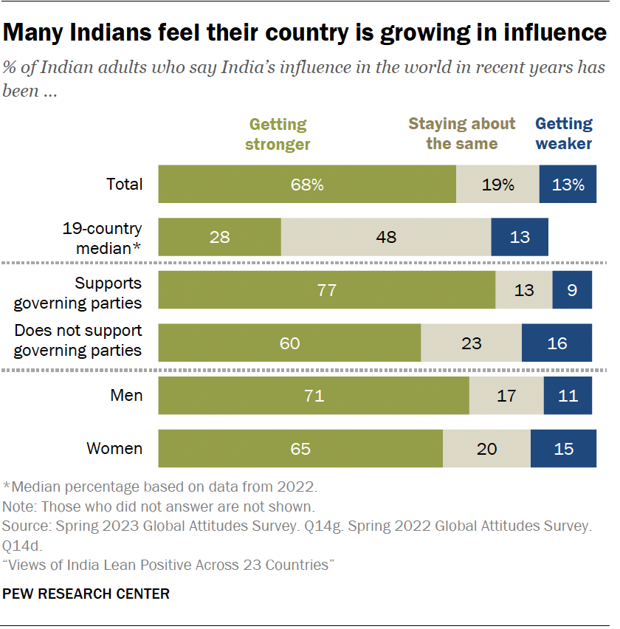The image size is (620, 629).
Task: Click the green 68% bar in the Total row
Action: coord(307,185)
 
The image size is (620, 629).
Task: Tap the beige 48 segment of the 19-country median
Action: coord(385,237)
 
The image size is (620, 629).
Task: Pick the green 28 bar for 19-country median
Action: coord(219,237)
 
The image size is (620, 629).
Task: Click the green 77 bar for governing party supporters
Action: coord(326,290)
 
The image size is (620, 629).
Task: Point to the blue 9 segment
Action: coord(572,290)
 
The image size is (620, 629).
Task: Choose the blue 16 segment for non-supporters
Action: coord(557,343)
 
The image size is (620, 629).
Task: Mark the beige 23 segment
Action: coord(471,343)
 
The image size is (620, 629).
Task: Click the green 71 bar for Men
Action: coord(314,396)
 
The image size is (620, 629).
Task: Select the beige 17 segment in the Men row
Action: coord(506,396)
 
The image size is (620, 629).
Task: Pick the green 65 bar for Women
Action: coord(300,448)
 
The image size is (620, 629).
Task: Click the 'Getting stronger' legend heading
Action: coord(279,134)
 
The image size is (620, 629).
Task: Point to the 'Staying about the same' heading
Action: coord(462,134)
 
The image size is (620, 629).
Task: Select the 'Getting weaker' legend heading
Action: coord(564,134)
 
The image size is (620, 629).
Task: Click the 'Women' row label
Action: coord(114,448)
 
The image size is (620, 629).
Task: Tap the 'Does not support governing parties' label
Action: coord(78,340)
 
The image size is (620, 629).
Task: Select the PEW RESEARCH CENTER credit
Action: coord(86,594)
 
